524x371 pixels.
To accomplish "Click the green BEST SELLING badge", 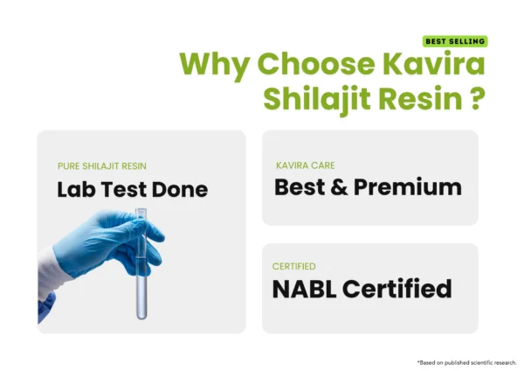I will point(454,41).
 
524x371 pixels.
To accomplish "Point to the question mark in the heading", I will point(477,97).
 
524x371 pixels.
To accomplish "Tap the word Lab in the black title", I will point(79,188).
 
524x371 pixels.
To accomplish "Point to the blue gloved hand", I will point(105,249).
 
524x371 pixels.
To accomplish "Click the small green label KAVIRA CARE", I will point(304,164).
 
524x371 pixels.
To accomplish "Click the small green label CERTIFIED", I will point(294,266).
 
